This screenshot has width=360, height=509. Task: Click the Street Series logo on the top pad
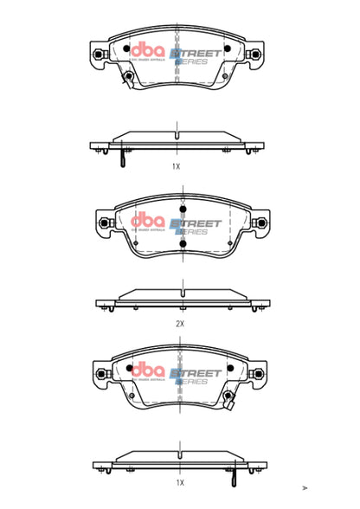click(196, 56)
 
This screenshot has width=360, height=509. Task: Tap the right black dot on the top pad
click(227, 48)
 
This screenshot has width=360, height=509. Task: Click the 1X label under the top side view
click(176, 165)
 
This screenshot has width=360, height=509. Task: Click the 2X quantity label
click(180, 323)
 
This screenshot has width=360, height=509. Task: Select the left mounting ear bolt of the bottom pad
click(99, 375)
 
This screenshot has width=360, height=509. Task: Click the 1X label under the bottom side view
click(179, 481)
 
